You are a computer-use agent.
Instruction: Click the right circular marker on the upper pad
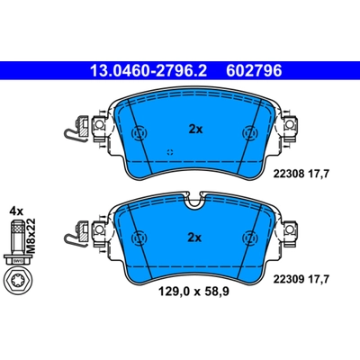[247, 134]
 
